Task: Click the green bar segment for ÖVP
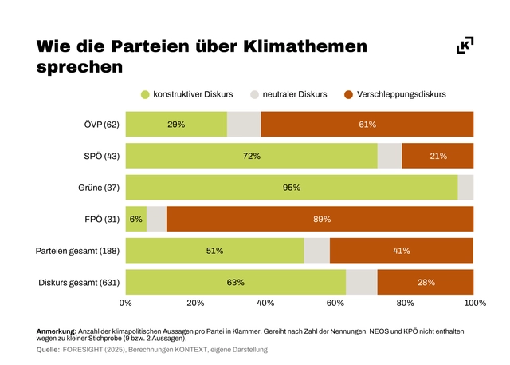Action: [x=176, y=125]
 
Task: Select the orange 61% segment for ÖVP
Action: [x=367, y=125]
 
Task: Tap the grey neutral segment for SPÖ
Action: [x=389, y=156]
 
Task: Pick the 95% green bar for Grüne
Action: [x=291, y=188]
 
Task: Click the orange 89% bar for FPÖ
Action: [x=320, y=219]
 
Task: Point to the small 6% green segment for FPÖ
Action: [x=135, y=219]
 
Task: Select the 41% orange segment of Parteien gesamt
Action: [x=402, y=251]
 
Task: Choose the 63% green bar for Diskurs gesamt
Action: [x=235, y=282]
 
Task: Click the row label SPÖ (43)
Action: [x=101, y=156]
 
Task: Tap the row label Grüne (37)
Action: [x=100, y=188]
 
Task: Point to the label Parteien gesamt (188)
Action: [x=77, y=251]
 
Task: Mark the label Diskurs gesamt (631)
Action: [x=79, y=282]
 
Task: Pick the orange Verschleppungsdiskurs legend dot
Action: [x=348, y=94]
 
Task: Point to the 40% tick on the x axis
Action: [x=265, y=304]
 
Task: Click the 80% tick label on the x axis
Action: [x=405, y=304]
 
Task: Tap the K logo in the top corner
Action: [x=465, y=46]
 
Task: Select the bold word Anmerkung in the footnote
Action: [x=57, y=331]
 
